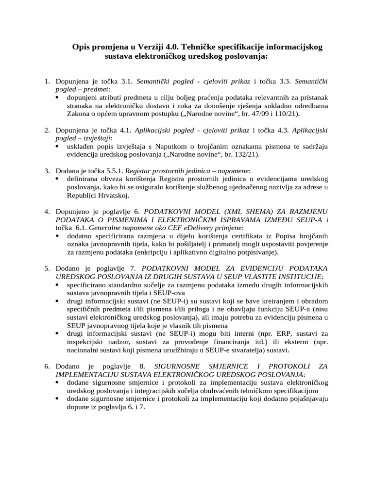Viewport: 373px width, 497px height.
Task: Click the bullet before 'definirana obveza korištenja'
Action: [57, 179]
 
